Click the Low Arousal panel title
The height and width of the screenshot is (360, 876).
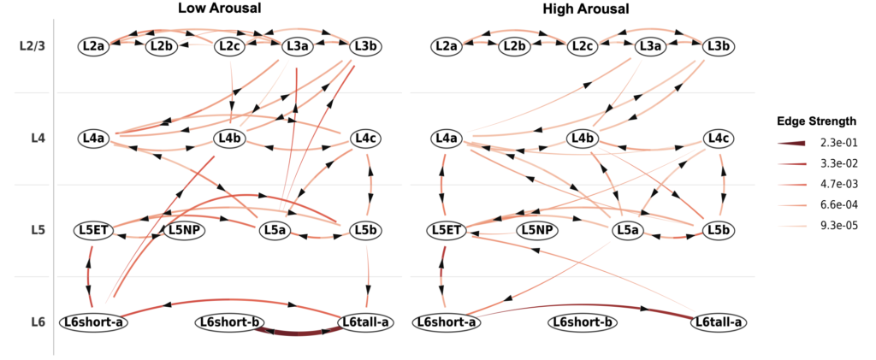[219, 9]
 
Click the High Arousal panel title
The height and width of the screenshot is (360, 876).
[585, 9]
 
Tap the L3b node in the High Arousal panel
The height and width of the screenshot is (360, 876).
[717, 45]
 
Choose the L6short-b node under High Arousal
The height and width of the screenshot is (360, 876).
[583, 322]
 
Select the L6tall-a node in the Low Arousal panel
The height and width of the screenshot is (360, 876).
[365, 322]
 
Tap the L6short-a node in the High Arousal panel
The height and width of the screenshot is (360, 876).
[445, 322]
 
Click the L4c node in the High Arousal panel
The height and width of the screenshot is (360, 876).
[717, 138]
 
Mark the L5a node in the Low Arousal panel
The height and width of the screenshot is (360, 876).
[275, 229]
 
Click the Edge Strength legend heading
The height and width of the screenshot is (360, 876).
[812, 120]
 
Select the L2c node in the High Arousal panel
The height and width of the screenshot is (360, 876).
[583, 45]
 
